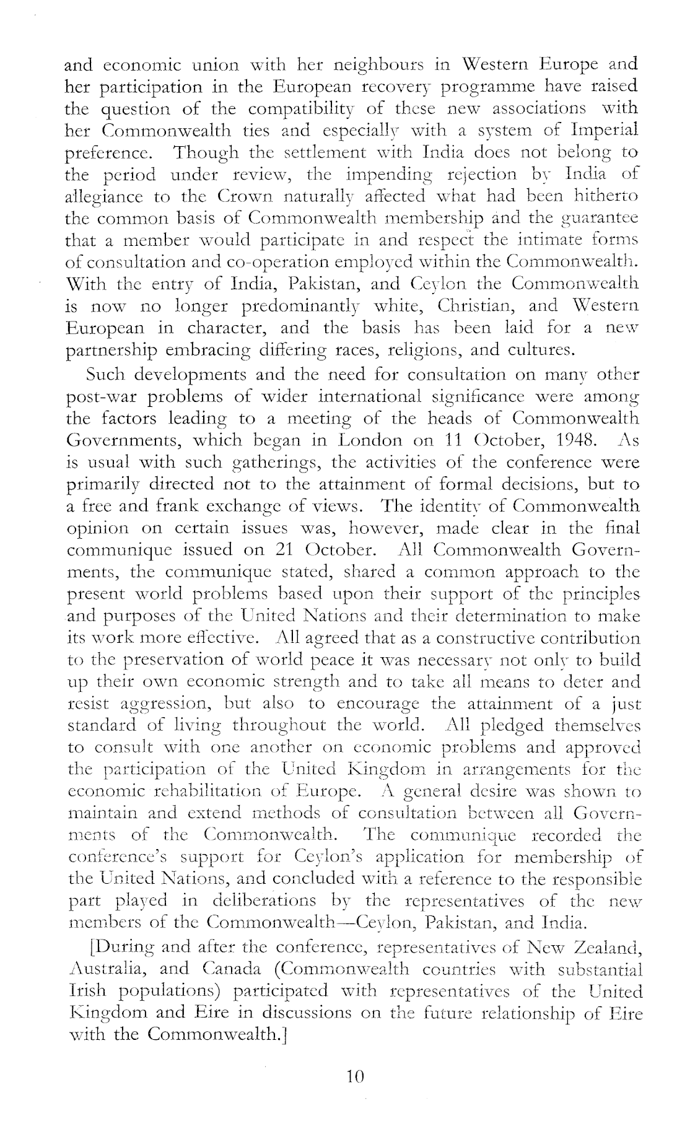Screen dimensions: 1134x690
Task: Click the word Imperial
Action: [606, 131]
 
